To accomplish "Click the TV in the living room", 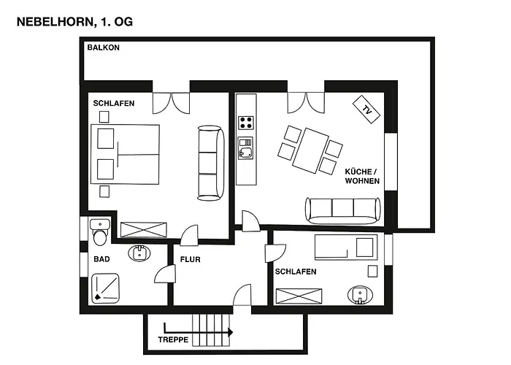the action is (366, 109).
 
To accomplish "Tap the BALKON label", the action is (104, 47).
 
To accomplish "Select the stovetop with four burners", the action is (246, 123).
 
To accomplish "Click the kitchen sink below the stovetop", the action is (245, 148).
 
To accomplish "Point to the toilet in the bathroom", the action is (100, 233).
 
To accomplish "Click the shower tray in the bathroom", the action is (105, 288).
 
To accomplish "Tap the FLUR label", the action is (191, 259).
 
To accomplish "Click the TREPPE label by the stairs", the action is (173, 339).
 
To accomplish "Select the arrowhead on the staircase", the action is (231, 332).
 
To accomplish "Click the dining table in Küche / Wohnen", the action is (310, 150).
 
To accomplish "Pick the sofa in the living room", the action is (343, 210).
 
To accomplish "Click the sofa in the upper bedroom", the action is (211, 163).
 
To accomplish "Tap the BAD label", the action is (101, 259).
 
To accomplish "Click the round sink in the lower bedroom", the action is (360, 295).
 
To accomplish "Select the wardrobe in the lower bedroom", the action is (299, 296).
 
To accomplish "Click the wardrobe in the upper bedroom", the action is (144, 229).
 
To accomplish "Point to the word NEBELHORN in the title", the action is (55, 22).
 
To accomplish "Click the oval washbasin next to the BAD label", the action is (139, 253).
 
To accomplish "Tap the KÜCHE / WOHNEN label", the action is (362, 177).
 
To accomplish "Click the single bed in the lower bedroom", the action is (346, 247).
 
